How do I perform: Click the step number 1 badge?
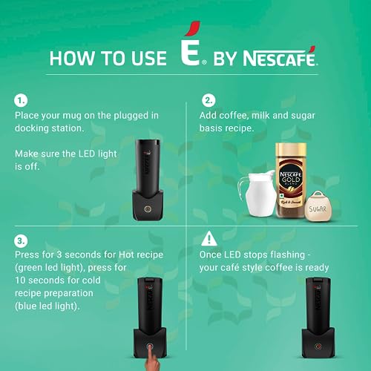click(22, 99)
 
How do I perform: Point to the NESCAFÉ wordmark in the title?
click(276, 57)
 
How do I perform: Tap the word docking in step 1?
click(35, 128)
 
